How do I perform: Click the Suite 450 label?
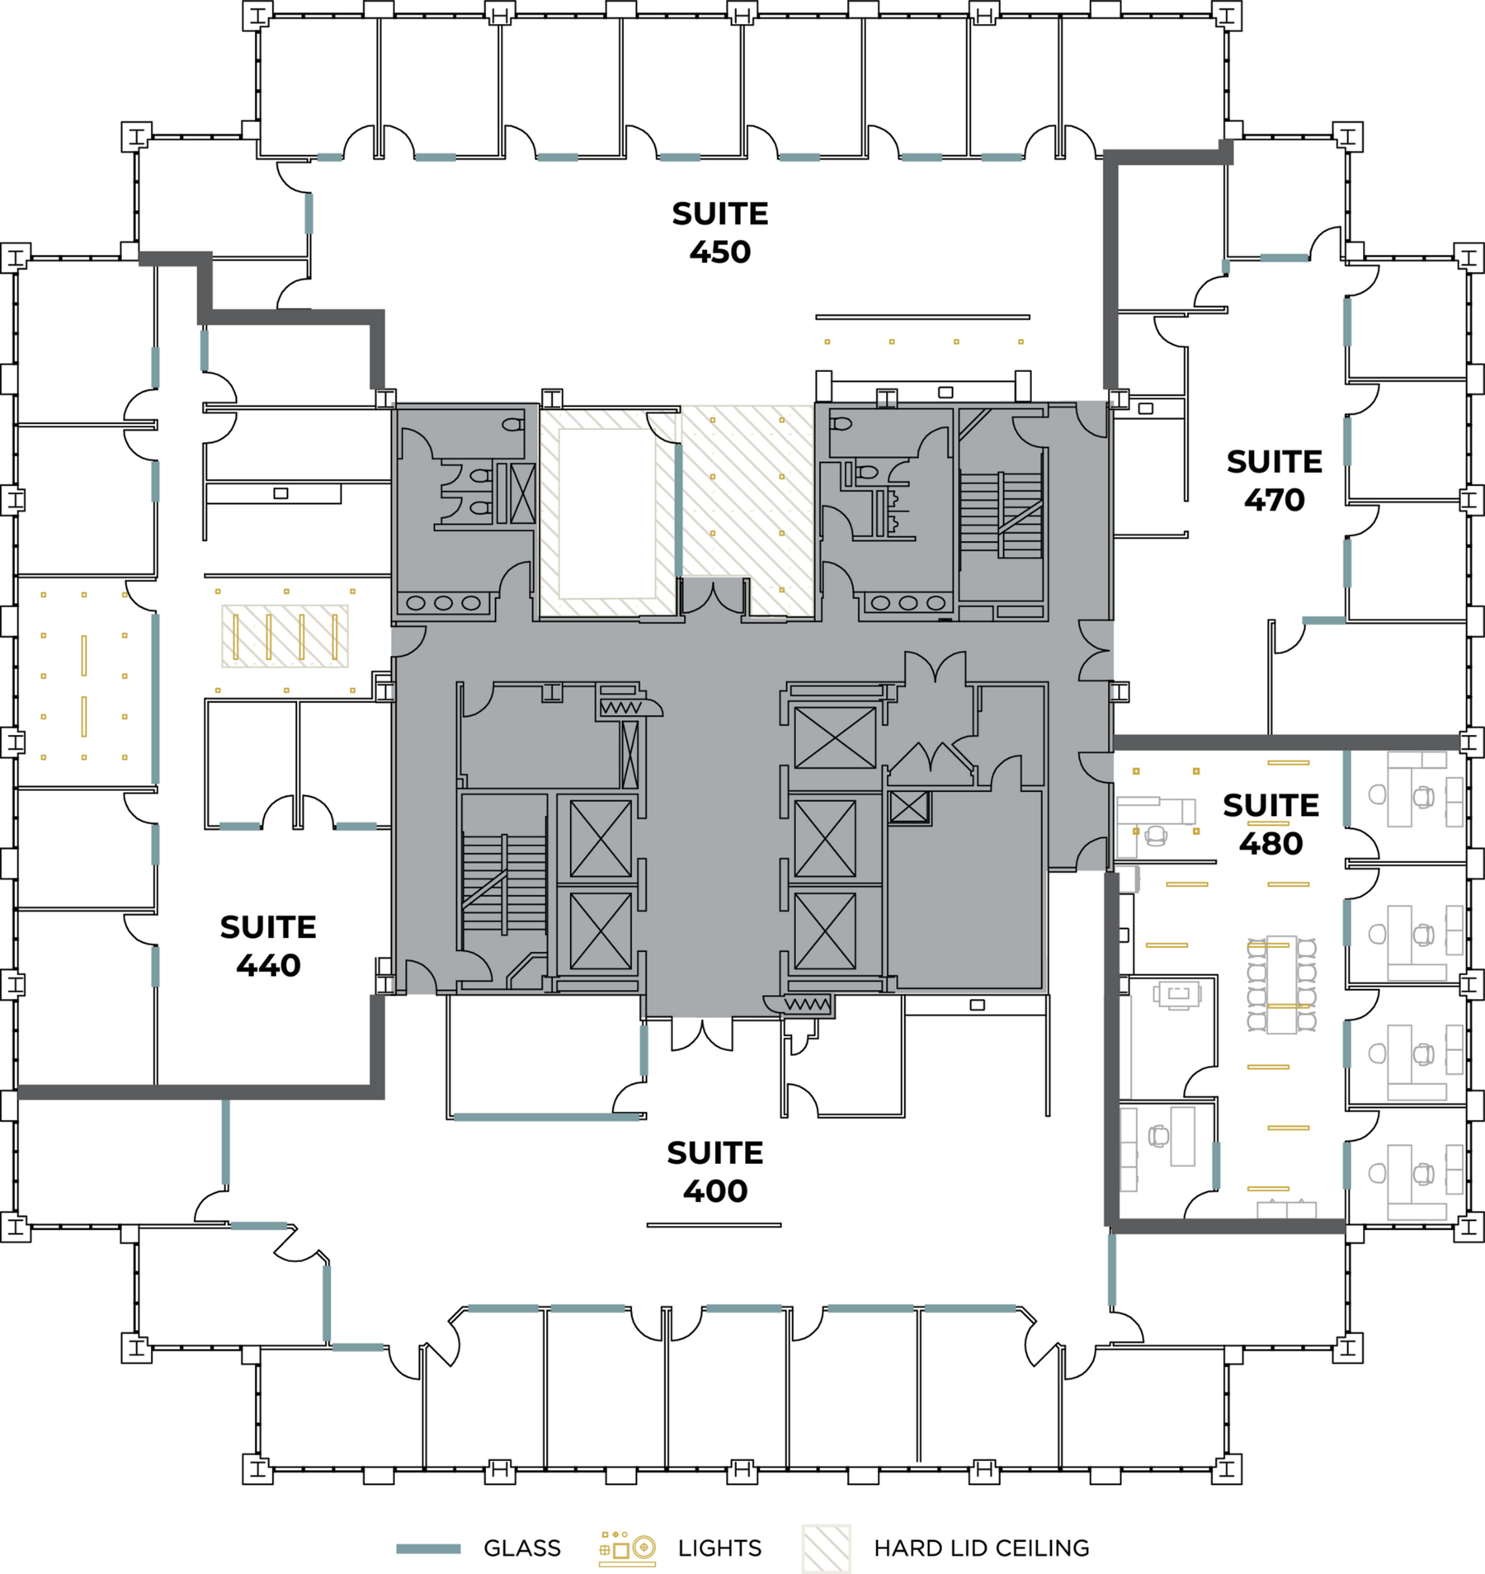pyautogui.click(x=719, y=233)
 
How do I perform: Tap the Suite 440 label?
pyautogui.click(x=268, y=946)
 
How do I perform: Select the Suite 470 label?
pyautogui.click(x=1274, y=480)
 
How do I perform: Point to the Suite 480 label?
pyautogui.click(x=1270, y=824)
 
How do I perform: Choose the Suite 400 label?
pyautogui.click(x=715, y=1171)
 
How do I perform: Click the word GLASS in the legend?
pyautogui.click(x=522, y=1548)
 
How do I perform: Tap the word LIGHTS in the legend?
pyautogui.click(x=719, y=1548)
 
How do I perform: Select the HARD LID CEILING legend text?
pyautogui.click(x=982, y=1548)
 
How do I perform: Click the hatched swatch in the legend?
pyautogui.click(x=826, y=1548)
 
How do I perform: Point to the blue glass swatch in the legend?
pyautogui.click(x=428, y=1549)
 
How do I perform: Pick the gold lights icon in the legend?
pyautogui.click(x=628, y=1548)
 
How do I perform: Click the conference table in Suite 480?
pyautogui.click(x=1281, y=984)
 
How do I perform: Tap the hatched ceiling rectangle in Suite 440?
pyautogui.click(x=285, y=636)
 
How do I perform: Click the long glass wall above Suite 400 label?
pyautogui.click(x=547, y=1117)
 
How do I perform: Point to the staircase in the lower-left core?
pyautogui.click(x=504, y=883)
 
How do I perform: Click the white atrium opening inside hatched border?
pyautogui.click(x=607, y=513)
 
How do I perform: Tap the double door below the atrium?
pyautogui.click(x=714, y=596)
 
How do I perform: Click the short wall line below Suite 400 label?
pyautogui.click(x=714, y=1225)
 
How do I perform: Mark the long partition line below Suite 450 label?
pyautogui.click(x=922, y=317)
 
